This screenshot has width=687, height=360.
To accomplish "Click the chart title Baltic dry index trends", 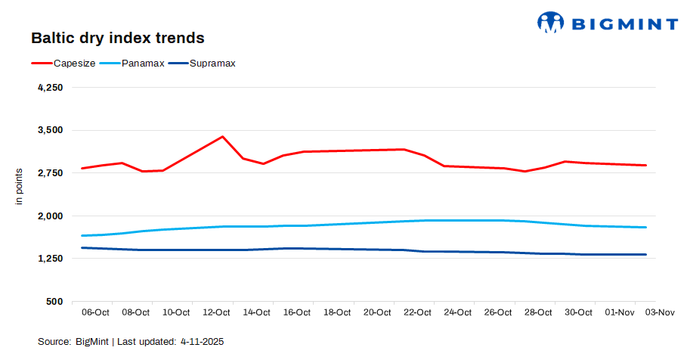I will point(117,37).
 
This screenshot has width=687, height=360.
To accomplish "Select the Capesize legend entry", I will point(74,63).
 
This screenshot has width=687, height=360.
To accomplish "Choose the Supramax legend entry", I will point(212,63).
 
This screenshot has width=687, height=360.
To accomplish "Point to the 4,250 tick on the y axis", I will point(50,88).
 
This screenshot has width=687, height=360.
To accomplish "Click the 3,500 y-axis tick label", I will point(50,130).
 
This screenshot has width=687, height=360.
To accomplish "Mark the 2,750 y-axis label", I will point(50,173).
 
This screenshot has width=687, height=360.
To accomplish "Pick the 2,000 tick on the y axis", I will point(50,216).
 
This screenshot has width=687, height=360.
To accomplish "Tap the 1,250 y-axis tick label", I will point(50,259).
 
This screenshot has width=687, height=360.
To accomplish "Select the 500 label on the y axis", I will point(54,302).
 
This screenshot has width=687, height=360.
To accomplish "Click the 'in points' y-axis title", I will point(20,186).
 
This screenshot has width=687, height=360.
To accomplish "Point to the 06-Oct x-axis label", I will point(95,312).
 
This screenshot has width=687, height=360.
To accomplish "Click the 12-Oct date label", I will point(216,312).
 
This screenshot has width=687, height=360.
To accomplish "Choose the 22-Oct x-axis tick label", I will point(417,312).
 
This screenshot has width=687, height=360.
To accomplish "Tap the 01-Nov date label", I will point(620,312).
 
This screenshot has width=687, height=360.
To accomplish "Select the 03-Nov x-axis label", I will point(660,312).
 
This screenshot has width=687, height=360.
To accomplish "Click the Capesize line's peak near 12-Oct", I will point(222,137).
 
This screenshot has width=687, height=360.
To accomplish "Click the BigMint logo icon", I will point(551,22).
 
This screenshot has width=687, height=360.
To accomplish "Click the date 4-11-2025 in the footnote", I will point(202,342).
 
